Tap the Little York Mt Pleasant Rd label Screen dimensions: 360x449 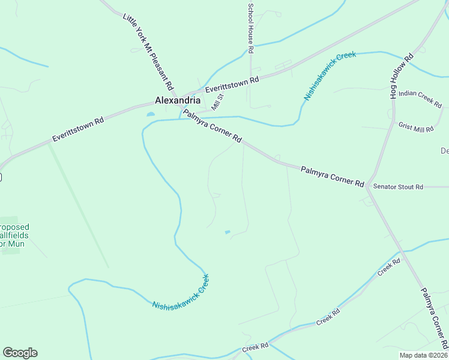(148, 52)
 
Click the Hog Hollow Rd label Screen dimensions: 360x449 (402, 77)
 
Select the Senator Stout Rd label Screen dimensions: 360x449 (398, 187)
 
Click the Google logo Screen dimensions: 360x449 (20, 353)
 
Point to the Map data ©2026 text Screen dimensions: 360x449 (423, 355)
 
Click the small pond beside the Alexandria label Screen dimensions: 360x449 (150, 113)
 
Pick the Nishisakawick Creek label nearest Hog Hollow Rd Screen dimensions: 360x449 (330, 76)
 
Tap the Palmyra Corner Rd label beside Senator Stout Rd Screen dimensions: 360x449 (333, 176)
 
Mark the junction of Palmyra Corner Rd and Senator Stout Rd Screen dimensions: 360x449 (369, 187)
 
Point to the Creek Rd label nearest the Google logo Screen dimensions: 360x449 (254, 349)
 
